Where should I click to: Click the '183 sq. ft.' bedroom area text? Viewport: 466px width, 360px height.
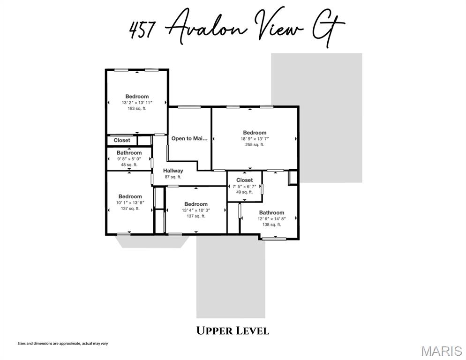[137, 108]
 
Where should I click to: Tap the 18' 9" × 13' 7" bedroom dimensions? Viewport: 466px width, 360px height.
[255, 139]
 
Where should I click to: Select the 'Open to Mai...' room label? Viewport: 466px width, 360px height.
[189, 138]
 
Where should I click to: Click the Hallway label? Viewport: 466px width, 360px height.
[173, 171]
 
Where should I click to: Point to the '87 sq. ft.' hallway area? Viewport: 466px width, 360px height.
[173, 177]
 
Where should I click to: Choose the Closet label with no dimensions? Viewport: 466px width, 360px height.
[122, 140]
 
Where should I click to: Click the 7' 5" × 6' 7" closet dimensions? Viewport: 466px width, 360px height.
[244, 186]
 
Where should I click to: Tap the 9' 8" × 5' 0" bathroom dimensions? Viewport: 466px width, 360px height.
[129, 159]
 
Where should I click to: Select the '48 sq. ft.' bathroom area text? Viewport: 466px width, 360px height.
[129, 165]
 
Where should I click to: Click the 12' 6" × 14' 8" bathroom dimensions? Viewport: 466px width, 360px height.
[271, 219]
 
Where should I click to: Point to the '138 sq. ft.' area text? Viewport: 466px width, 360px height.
[271, 225]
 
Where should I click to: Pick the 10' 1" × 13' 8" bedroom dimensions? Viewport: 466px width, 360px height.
[130, 202]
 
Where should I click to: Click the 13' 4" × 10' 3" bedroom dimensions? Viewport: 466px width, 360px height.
[195, 210]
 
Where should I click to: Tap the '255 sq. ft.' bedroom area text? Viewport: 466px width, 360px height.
[255, 144]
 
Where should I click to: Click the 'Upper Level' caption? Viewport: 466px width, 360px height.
[233, 331]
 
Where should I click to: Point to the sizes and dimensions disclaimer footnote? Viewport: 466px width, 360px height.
[63, 344]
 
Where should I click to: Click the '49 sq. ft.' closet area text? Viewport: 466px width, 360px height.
[244, 192]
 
